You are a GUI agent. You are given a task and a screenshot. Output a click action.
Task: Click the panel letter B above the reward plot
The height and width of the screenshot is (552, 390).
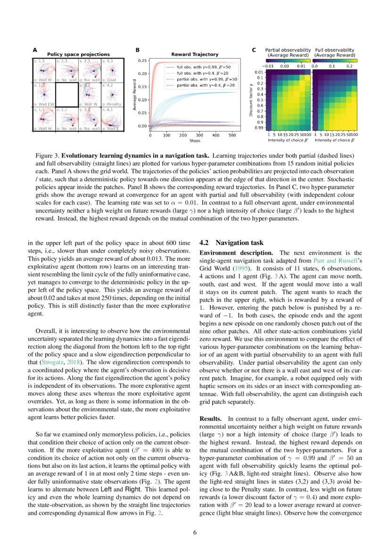[137, 49]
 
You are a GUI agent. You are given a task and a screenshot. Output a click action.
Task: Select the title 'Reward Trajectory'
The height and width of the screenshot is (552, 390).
[194, 55]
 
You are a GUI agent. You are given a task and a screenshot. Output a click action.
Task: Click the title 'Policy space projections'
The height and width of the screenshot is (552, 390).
[78, 55]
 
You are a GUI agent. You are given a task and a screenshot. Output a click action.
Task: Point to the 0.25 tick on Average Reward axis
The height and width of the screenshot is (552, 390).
[141, 61]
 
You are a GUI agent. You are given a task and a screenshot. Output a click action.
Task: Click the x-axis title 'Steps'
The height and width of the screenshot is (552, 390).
[194, 141]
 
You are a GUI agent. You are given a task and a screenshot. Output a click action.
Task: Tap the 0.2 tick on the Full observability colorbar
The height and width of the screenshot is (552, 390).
[349, 67]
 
